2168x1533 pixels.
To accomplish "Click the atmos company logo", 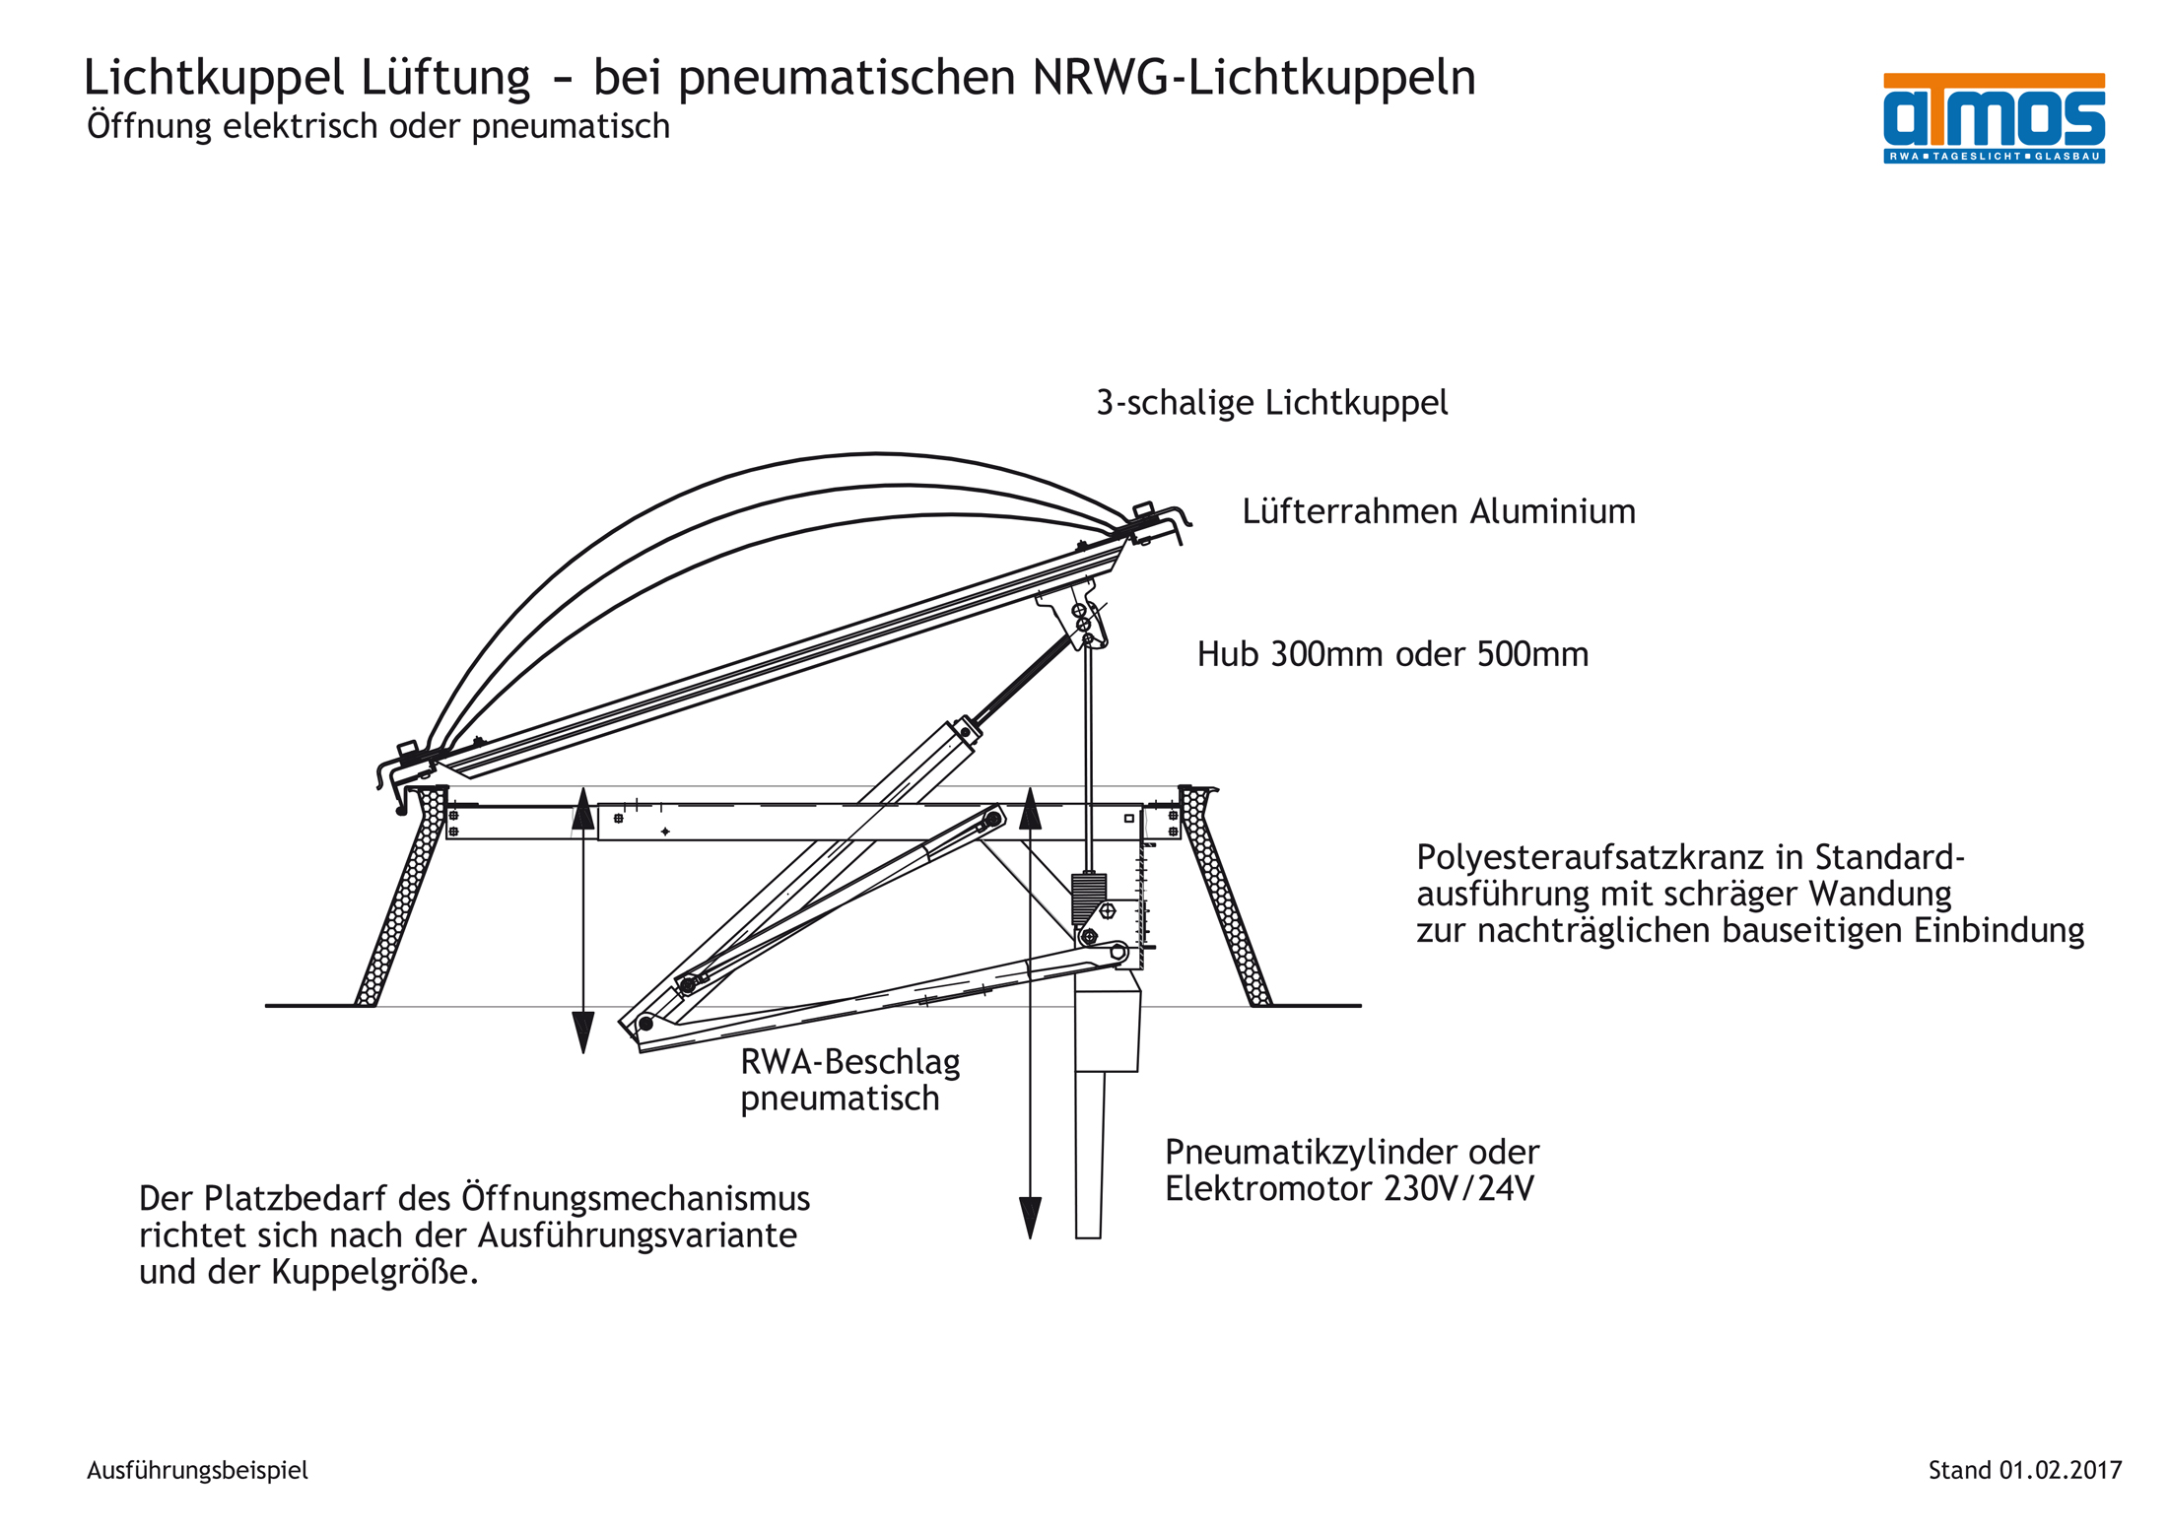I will [1993, 116].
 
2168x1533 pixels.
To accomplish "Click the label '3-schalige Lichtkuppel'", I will [1271, 402].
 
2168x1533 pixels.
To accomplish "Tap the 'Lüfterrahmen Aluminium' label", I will [1438, 511].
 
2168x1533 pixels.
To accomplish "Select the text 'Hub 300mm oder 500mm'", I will [1391, 654].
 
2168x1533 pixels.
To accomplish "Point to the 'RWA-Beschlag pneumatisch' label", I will [849, 1080].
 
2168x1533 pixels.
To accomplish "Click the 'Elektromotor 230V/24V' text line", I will [1348, 1189].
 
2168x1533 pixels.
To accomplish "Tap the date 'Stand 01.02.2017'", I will [2024, 1470].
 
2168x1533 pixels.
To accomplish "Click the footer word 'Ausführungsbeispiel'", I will [197, 1470].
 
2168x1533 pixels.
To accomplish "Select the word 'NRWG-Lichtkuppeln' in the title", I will [1253, 77].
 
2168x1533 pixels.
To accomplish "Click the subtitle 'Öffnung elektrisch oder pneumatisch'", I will [377, 126].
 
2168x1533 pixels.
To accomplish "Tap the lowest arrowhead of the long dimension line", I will [1030, 1218].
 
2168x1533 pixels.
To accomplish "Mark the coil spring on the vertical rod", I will [1088, 899].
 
